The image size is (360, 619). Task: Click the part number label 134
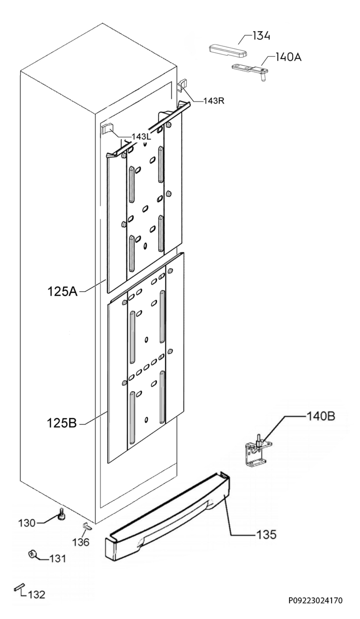tap(261, 36)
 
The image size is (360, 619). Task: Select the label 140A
tap(288, 57)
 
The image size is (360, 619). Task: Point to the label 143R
tap(214, 101)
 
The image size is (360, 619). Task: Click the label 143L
tap(141, 137)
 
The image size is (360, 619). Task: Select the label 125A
tap(62, 292)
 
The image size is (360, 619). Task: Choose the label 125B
tap(62, 423)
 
